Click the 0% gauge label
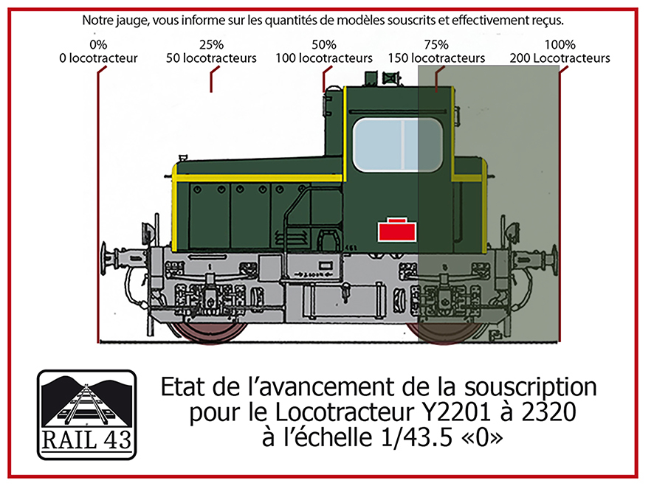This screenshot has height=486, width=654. pos(98,44)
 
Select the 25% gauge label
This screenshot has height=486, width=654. pos(211,44)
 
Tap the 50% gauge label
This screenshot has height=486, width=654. pos(323,44)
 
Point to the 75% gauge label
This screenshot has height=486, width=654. pos(436,44)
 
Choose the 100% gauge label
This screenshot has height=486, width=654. pos(560,44)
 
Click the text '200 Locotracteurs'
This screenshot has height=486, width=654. pos(560,58)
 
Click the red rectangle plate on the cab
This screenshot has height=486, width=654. pos(396,230)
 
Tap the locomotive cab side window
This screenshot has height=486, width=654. pos(397,145)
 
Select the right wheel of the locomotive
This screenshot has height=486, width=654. pos(444,331)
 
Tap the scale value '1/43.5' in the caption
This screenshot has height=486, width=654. pos(416,437)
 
